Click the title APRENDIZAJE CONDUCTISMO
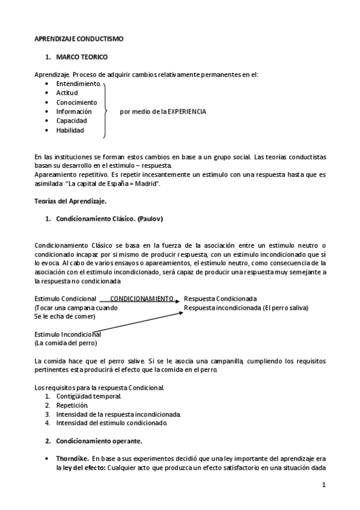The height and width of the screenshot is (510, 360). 79,38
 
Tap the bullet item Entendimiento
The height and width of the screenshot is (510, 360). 79,84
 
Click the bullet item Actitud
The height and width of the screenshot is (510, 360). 67,93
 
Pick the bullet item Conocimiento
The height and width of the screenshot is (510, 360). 76,102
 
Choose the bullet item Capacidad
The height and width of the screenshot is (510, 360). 72,121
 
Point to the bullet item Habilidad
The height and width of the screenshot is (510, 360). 70,130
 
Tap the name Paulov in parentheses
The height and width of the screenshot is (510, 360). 151,219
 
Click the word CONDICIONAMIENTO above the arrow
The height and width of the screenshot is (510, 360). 142,298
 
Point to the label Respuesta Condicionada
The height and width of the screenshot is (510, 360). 221,298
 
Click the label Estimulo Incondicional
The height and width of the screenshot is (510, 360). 67,334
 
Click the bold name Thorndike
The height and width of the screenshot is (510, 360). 73,458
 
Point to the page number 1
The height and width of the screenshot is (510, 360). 323,485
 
